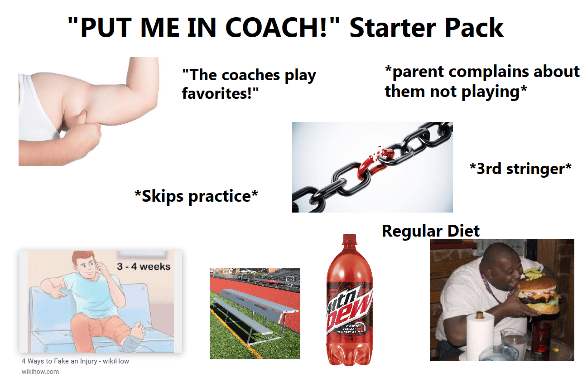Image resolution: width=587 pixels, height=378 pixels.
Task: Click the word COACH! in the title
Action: [x=283, y=28]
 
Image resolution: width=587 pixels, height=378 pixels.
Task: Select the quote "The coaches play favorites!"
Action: [x=249, y=84]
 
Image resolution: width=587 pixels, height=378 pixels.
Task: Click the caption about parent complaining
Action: [x=482, y=82]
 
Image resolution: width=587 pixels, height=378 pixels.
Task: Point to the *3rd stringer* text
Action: [x=520, y=169]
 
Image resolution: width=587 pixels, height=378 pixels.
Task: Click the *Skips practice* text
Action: [x=197, y=196]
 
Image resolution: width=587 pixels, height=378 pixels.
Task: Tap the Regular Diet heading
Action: [x=430, y=231]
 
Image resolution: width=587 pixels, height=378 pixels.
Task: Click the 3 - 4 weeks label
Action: [x=144, y=266]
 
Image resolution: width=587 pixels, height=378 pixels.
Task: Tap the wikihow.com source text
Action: [x=40, y=372]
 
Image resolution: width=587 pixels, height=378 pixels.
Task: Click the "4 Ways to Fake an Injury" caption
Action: [x=75, y=362]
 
